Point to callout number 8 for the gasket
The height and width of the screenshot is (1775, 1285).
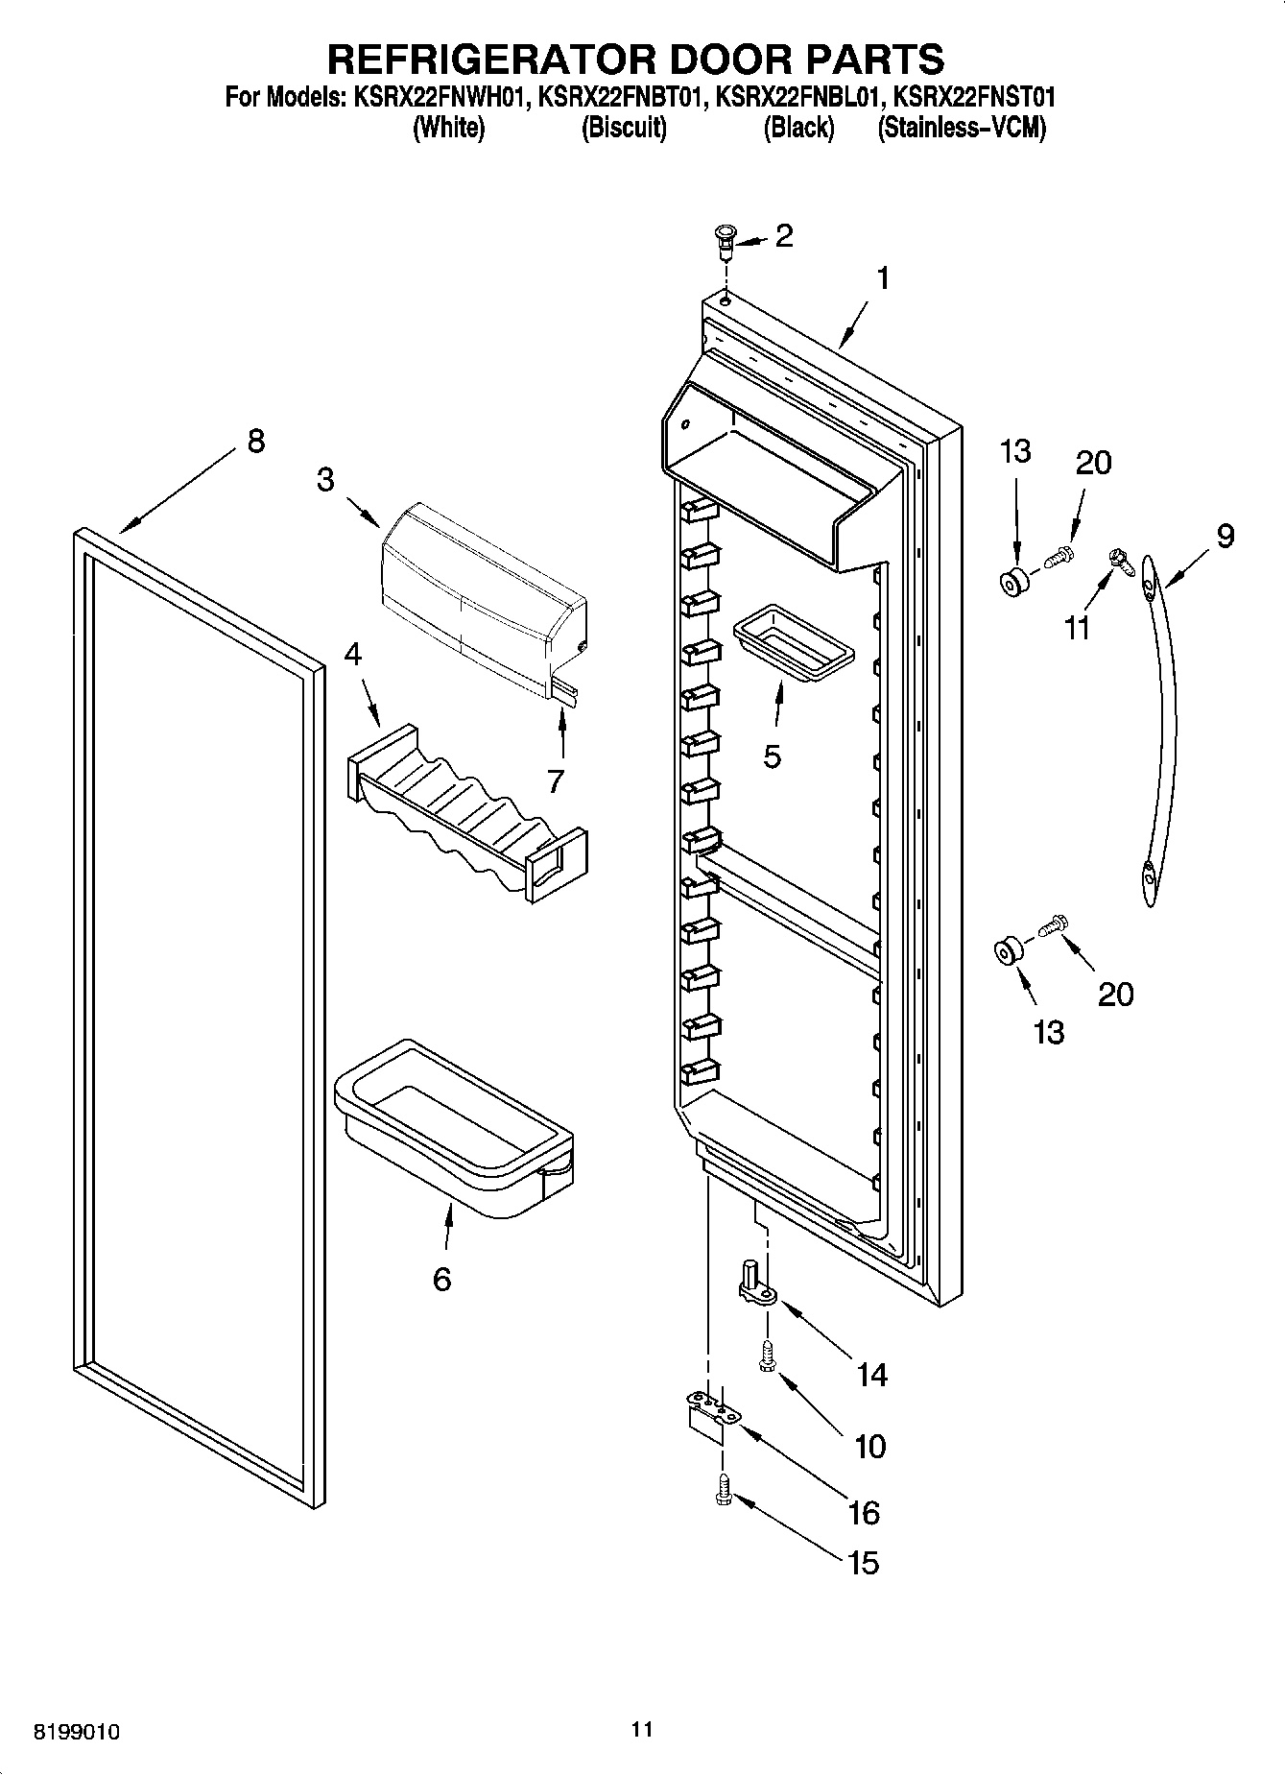point(254,442)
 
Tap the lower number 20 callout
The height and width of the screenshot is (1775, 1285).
point(1115,994)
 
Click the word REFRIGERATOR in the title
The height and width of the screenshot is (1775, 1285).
point(493,60)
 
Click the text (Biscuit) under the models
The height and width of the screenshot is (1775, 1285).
point(623,128)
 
